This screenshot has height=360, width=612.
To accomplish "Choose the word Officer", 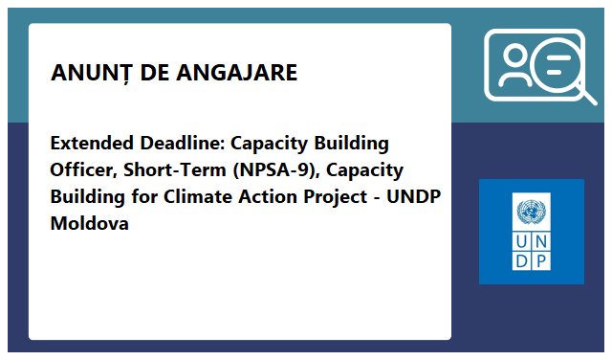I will tap(83, 170).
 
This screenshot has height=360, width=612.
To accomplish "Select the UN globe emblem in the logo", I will tap(531, 212).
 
